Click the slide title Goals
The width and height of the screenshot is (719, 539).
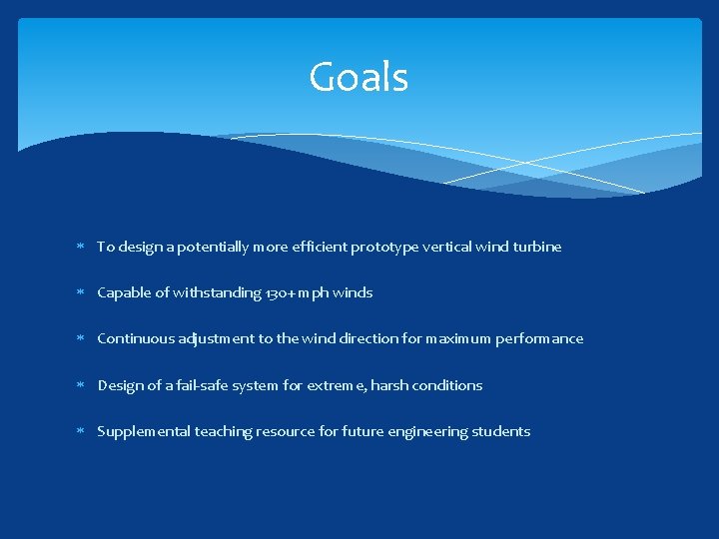tap(359, 77)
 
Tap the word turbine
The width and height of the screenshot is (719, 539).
tap(537, 247)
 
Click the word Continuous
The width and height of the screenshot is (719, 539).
tap(136, 338)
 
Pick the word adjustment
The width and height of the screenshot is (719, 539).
tap(217, 339)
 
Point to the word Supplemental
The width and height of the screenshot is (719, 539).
tap(143, 431)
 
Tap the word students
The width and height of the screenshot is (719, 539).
tap(502, 431)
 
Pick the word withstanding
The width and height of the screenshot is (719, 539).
tap(217, 292)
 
